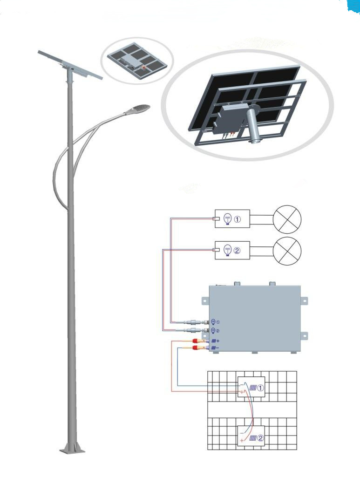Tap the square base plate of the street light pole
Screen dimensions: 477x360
(73, 450)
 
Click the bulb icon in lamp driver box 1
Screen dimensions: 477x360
(228, 219)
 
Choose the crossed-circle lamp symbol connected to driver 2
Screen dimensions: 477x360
(286, 252)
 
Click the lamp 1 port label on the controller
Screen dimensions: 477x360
(215, 322)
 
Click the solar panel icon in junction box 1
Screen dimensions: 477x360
(253, 387)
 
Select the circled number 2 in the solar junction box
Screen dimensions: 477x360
(261, 438)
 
